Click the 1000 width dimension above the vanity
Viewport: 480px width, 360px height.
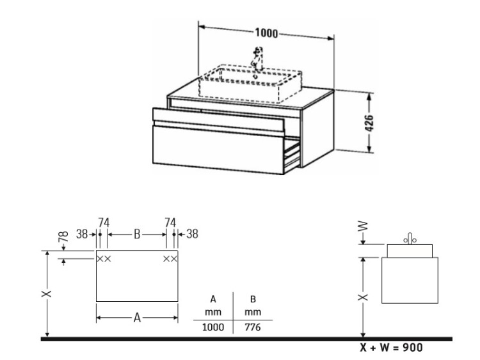(266, 33)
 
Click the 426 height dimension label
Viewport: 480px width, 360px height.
(369, 123)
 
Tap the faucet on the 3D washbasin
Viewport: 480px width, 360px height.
(257, 59)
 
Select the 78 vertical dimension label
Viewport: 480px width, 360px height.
(63, 237)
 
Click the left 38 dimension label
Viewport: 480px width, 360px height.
(82, 234)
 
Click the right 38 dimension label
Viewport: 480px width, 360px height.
(192, 234)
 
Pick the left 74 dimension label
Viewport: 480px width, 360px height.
(104, 223)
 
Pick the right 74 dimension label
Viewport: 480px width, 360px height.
(170, 223)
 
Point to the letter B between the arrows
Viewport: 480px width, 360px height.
(137, 234)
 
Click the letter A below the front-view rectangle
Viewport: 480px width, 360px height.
(137, 318)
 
